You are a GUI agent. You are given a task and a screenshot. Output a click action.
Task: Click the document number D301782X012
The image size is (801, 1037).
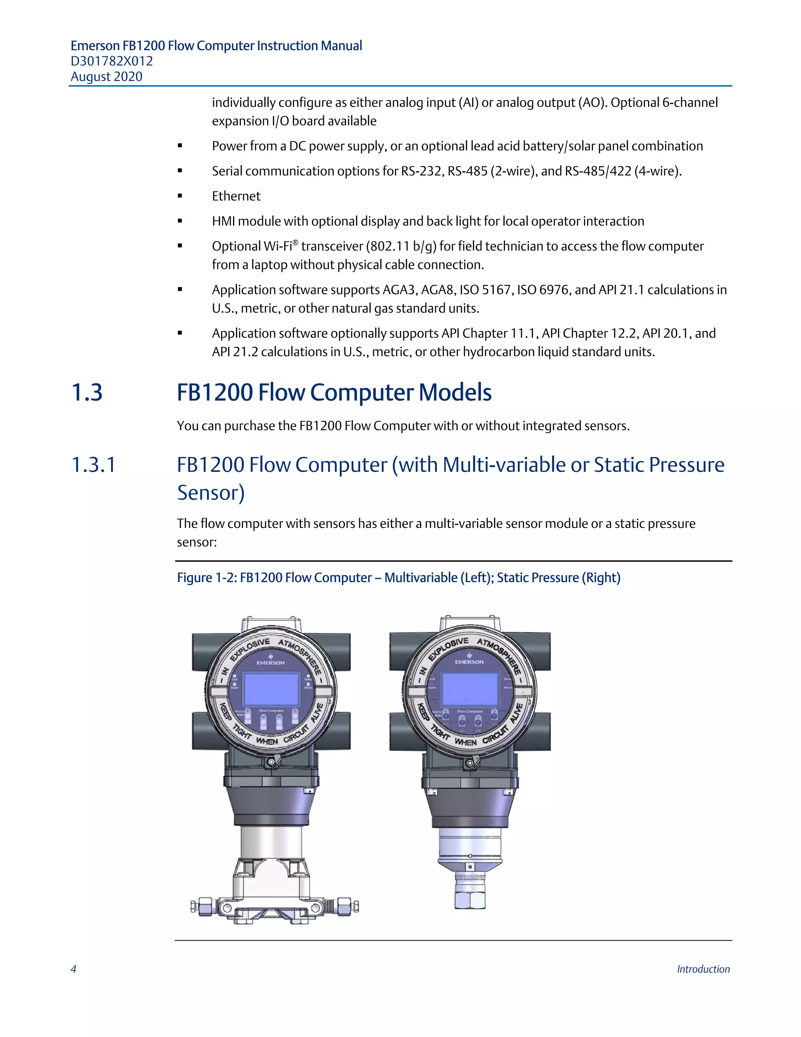tap(111, 61)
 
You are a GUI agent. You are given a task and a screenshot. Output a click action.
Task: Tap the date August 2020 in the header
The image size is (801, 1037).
tap(106, 77)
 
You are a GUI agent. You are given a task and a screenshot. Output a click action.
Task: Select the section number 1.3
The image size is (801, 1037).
tap(87, 392)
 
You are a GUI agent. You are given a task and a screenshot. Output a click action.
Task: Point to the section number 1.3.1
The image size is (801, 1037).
tap(93, 465)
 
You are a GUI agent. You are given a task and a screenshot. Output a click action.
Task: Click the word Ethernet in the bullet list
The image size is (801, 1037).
tap(236, 196)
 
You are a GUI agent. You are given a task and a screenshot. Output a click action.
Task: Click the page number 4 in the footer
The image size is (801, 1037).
tap(74, 969)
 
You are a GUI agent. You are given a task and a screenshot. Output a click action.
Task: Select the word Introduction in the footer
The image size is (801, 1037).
tap(703, 969)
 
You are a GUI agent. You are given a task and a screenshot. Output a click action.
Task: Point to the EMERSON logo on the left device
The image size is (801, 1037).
tap(271, 661)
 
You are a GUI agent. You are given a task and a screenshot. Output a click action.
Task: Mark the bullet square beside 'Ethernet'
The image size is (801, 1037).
tap(180, 196)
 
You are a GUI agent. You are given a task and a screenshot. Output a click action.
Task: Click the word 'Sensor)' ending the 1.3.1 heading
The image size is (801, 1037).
tap(211, 493)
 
